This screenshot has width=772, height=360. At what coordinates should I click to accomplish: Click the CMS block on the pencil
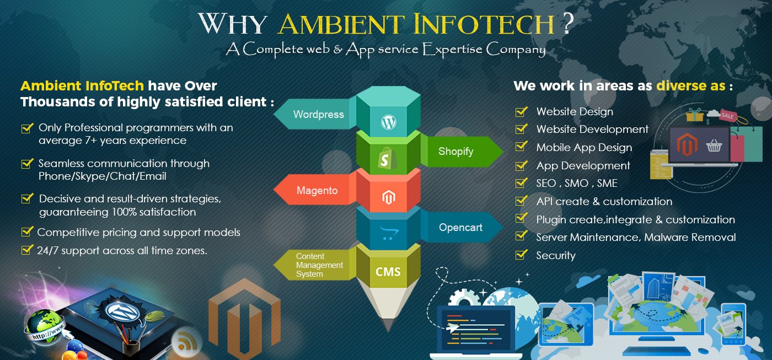(x=388, y=271)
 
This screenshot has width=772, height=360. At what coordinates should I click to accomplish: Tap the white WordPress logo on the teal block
(x=388, y=122)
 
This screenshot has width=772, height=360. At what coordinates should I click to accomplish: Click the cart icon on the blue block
(x=388, y=233)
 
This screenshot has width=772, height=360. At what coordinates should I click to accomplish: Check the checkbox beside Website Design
(x=521, y=111)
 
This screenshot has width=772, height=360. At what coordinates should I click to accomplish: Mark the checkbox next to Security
(x=521, y=255)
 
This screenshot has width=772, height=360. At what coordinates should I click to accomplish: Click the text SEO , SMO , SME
(x=577, y=183)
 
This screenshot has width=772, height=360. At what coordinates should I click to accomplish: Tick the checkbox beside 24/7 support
(x=27, y=249)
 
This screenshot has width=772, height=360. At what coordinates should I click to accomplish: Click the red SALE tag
(x=728, y=116)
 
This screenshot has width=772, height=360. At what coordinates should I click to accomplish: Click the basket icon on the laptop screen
(x=714, y=146)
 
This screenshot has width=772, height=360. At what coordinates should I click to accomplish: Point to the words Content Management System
(x=319, y=265)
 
